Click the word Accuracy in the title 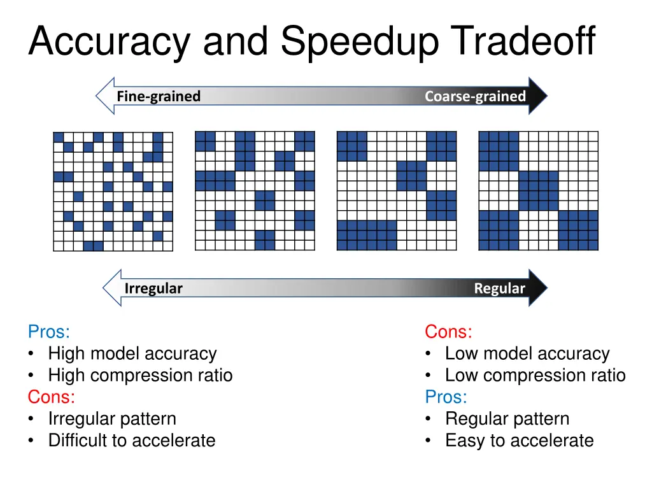(x=109, y=42)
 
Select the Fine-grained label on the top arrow (x=159, y=96)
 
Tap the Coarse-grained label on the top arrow (x=475, y=96)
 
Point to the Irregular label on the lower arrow (x=153, y=288)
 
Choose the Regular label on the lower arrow (x=499, y=288)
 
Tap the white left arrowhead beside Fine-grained (x=104, y=96)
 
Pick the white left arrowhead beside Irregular (x=112, y=288)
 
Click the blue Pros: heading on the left (x=49, y=332)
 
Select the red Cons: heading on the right (x=448, y=332)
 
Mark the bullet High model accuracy (x=132, y=353)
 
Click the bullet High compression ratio (x=140, y=375)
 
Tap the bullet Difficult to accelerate (x=132, y=440)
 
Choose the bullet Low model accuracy (x=527, y=353)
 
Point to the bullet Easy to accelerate (x=519, y=440)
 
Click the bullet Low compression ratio (x=535, y=375)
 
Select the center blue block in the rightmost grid (x=539, y=190)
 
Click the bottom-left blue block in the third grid (x=367, y=235)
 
